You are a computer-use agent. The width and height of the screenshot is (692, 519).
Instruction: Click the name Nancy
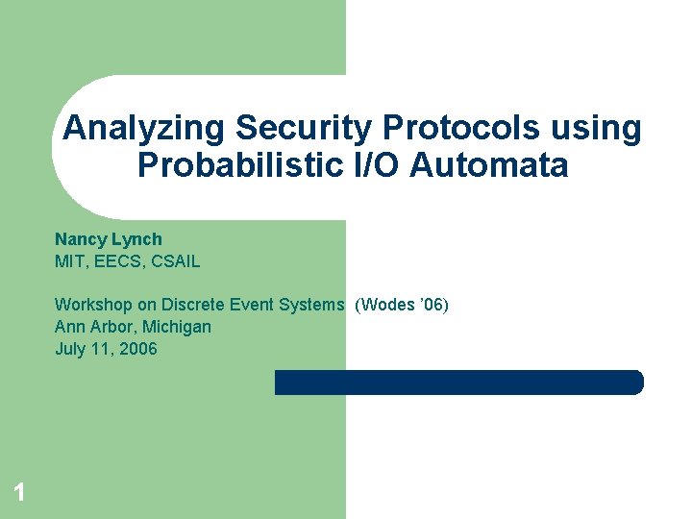pyautogui.click(x=78, y=239)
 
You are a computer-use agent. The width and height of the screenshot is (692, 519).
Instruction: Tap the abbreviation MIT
pyautogui.click(x=69, y=261)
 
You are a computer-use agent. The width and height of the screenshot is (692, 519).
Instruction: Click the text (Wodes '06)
pyautogui.click(x=402, y=306)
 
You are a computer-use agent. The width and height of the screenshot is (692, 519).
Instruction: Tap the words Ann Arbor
pyautogui.click(x=90, y=327)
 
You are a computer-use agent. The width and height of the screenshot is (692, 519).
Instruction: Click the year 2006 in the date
pyautogui.click(x=138, y=349)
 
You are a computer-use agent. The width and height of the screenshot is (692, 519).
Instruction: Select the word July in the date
pyautogui.click(x=70, y=349)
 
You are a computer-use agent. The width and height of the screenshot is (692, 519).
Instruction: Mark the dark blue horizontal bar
pyautogui.click(x=458, y=383)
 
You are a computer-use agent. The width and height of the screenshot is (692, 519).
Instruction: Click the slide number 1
pyautogui.click(x=18, y=494)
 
